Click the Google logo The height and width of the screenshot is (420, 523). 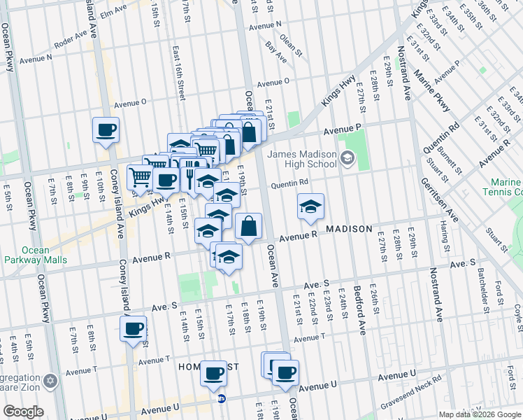[23, 412]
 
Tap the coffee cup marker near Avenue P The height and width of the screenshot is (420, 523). [106, 129]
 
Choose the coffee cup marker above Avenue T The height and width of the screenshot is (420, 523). [133, 328]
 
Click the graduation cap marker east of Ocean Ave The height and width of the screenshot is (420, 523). [310, 206]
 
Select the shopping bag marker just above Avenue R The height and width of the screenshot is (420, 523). [248, 226]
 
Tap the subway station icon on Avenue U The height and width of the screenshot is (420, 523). [222, 399]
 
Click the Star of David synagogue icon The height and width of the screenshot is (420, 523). [50, 382]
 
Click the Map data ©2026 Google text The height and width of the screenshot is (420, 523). [479, 414]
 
